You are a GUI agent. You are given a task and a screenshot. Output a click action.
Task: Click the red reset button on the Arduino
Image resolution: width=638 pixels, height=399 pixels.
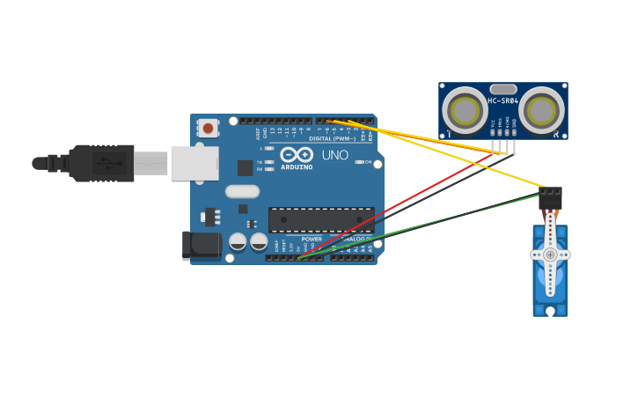click(x=208, y=129)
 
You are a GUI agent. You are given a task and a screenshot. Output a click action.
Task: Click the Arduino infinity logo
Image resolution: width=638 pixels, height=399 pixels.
click(x=297, y=156)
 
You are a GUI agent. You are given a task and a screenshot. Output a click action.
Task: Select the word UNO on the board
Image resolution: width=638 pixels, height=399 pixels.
click(x=334, y=155)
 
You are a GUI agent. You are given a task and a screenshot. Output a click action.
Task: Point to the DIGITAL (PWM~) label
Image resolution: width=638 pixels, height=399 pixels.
click(x=332, y=138)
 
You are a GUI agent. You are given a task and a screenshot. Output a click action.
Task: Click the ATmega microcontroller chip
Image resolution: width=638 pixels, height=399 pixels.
click(x=321, y=219)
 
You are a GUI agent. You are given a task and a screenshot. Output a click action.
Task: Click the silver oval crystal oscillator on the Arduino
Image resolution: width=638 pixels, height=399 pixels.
click(x=242, y=191)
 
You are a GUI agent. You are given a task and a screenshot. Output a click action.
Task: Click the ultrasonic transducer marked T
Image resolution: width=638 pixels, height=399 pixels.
click(x=464, y=110)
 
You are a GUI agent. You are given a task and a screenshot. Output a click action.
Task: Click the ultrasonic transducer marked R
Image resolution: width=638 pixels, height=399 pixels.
click(x=541, y=110)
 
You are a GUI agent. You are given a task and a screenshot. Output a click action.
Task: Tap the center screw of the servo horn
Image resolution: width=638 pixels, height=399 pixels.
click(x=550, y=255)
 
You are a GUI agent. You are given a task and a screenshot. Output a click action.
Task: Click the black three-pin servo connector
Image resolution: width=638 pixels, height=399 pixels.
click(x=550, y=198)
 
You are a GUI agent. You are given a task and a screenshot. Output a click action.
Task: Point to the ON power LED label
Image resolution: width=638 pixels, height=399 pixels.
click(x=367, y=162)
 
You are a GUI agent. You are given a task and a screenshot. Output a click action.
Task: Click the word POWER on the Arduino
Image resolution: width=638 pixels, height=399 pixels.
click(x=312, y=239)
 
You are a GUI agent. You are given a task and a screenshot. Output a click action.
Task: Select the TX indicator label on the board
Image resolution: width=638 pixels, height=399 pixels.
click(x=260, y=163)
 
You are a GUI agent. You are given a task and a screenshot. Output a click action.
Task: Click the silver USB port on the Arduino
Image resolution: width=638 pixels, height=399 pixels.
click(x=194, y=163)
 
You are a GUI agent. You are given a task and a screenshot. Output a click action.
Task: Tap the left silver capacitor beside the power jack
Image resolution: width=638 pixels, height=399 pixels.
click(x=238, y=241)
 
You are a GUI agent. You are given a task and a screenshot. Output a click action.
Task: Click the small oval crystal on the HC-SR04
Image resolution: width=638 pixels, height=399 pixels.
click(x=502, y=89)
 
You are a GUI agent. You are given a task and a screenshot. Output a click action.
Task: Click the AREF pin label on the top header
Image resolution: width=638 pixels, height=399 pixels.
click(x=259, y=134)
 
